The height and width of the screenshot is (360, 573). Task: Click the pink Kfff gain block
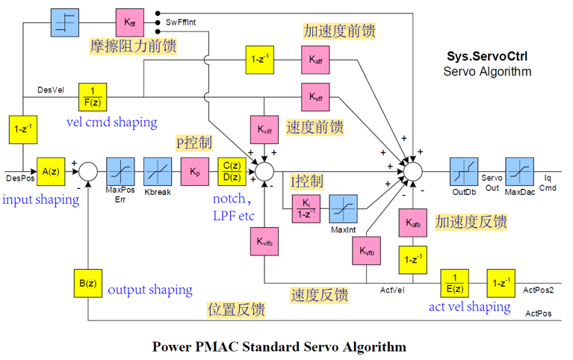pyautogui.click(x=130, y=22)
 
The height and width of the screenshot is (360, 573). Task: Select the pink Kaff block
pyautogui.click(x=315, y=60)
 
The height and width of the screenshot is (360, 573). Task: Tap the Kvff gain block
pyautogui.click(x=315, y=97)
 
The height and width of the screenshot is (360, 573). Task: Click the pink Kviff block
pyautogui.click(x=264, y=130)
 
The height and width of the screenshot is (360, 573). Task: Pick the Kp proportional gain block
pyautogui.click(x=195, y=172)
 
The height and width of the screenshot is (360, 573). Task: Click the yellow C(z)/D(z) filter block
pyautogui.click(x=232, y=172)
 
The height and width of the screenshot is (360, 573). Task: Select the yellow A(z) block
pyautogui.click(x=51, y=172)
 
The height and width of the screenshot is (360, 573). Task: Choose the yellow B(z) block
pyautogui.click(x=88, y=283)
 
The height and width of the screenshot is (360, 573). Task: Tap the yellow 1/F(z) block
pyautogui.click(x=93, y=97)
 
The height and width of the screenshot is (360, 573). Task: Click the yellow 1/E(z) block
pyautogui.click(x=455, y=283)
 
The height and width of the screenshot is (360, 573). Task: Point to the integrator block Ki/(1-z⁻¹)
pyautogui.click(x=306, y=208)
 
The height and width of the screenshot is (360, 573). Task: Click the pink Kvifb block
pyautogui.click(x=264, y=241)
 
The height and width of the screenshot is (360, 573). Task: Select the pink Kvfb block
pyautogui.click(x=367, y=251)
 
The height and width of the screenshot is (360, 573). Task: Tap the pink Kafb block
pyautogui.click(x=413, y=223)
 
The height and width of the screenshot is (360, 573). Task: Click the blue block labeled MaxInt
pyautogui.click(x=343, y=208)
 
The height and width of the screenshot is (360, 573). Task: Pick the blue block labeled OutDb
pyautogui.click(x=464, y=172)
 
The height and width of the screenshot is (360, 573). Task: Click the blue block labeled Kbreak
pyautogui.click(x=158, y=172)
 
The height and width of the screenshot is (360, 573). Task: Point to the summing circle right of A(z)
pyautogui.click(x=88, y=172)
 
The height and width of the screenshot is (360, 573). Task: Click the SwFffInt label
pyautogui.click(x=181, y=22)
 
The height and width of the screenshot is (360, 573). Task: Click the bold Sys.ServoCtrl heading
pyautogui.click(x=487, y=56)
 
